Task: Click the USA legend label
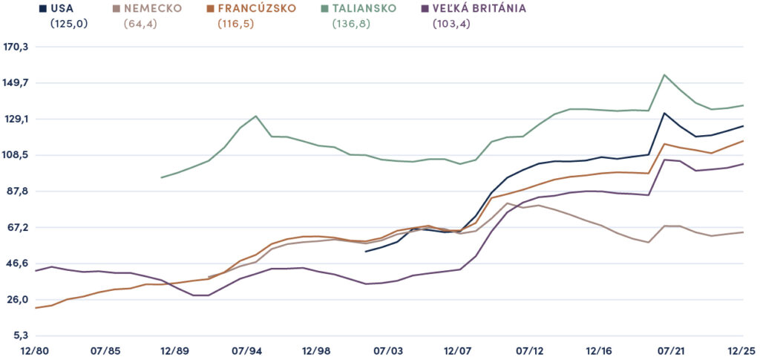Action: coord(65,9)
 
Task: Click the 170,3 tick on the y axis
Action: coord(16,47)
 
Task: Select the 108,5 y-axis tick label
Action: coord(16,155)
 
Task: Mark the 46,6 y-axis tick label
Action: coord(17,264)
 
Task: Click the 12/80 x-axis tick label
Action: coord(34,350)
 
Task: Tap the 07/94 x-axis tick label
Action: coord(248,350)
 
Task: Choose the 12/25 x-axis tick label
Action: coord(743,350)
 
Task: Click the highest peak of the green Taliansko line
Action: coord(664,75)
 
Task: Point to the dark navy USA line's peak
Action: coord(664,113)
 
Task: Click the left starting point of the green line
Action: coord(161,177)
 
